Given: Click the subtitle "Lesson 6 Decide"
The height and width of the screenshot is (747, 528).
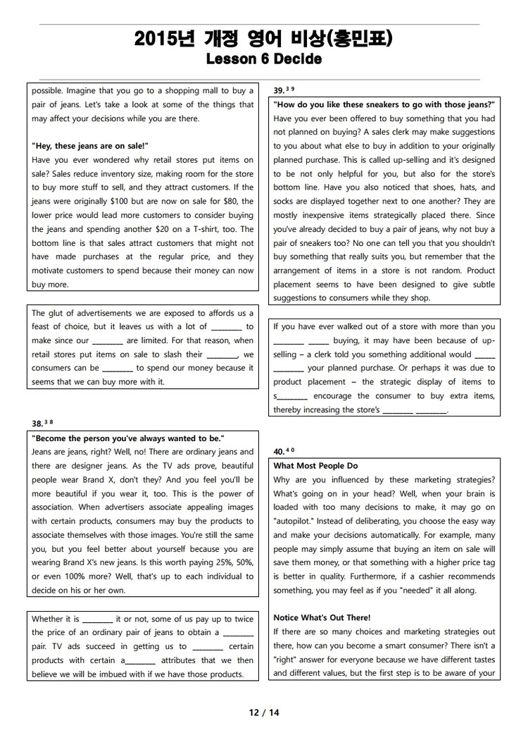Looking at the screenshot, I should coord(264,59).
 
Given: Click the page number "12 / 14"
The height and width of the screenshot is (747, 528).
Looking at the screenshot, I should coord(264,712).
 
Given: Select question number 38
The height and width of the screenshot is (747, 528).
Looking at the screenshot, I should coord(37,424).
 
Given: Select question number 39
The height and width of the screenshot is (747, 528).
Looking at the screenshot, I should coord(279,90).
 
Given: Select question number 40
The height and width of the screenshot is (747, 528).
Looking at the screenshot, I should coord(279,452).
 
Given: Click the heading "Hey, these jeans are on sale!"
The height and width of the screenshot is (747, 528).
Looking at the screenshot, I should coord(90,146).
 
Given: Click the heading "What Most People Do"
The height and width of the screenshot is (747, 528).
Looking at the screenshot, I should coord(315,466).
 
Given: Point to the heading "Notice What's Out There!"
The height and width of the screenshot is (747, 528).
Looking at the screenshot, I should coord(322,618).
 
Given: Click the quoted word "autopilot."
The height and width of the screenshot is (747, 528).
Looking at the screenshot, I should coord(294,521).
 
